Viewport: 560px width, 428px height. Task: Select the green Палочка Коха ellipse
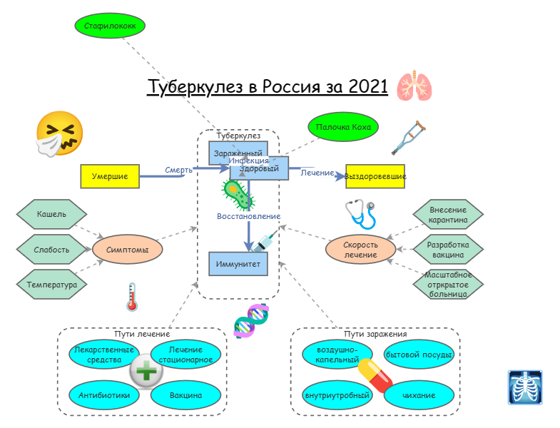(x=343, y=127)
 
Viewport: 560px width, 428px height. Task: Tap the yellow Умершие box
(x=109, y=176)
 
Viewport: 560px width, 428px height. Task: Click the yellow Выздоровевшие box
(x=375, y=176)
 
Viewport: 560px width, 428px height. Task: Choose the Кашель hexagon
(x=51, y=214)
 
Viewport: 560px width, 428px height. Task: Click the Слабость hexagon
(x=51, y=250)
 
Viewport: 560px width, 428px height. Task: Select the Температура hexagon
(x=51, y=284)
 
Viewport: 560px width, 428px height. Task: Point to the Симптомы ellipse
(x=128, y=250)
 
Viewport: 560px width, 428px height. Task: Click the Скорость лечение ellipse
(x=360, y=250)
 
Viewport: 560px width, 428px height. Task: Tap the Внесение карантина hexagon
(x=448, y=215)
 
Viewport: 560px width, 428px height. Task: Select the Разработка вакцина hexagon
(x=448, y=250)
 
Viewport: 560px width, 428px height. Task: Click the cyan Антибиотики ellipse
(x=104, y=394)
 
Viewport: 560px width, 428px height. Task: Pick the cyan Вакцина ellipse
(x=185, y=394)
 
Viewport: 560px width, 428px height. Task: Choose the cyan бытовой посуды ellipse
(x=419, y=355)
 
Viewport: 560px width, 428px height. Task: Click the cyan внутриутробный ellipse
(x=337, y=394)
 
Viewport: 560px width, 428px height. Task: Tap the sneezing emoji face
(x=60, y=133)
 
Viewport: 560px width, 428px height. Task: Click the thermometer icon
(x=131, y=297)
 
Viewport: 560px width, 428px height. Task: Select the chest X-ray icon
(x=524, y=387)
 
